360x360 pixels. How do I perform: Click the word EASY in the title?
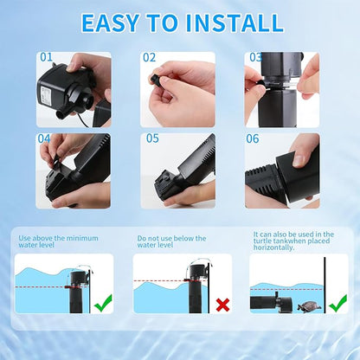110,22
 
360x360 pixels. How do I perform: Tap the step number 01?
46,57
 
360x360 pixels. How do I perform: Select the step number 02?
149,58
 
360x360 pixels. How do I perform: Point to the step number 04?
44,138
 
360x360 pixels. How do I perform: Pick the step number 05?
152,138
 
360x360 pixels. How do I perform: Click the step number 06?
253,138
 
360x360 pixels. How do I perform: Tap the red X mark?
223,305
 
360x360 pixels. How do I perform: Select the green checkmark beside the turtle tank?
338,303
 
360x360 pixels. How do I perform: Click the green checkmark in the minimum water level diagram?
103,303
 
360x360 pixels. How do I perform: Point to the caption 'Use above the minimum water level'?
58,241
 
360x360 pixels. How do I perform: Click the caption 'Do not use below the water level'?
171,241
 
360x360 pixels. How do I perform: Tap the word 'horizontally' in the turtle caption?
273,247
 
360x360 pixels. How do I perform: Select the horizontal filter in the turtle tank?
271,303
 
